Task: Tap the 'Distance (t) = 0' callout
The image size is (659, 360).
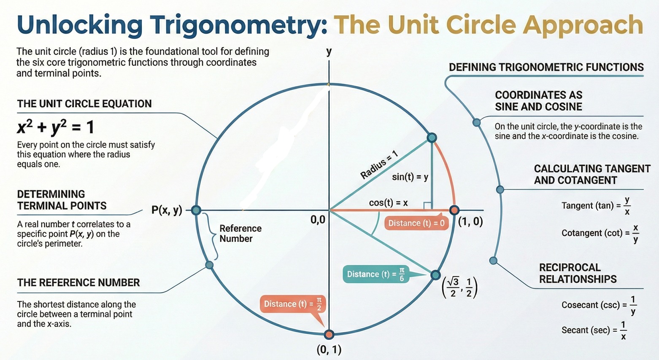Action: coord(416,223)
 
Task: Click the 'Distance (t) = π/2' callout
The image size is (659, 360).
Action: coord(293,304)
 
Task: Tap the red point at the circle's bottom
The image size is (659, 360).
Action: coord(329,334)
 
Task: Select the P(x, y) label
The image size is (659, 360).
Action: coord(167,210)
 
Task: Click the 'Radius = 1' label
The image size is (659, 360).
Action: coord(379,165)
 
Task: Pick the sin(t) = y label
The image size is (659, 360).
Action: coord(410,177)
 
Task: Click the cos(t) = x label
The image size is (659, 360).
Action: coord(388,203)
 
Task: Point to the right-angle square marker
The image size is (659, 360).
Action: coord(427,206)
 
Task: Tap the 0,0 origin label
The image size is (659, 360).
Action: coord(318,219)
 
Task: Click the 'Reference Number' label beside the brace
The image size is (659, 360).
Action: coord(240,233)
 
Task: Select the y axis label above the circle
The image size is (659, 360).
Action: coord(329,52)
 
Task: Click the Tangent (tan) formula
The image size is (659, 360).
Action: coord(596,206)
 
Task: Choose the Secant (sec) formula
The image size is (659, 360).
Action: coord(594,330)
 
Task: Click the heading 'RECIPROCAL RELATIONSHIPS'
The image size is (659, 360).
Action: coord(578,273)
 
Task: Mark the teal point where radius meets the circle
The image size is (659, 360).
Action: coord(432,138)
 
